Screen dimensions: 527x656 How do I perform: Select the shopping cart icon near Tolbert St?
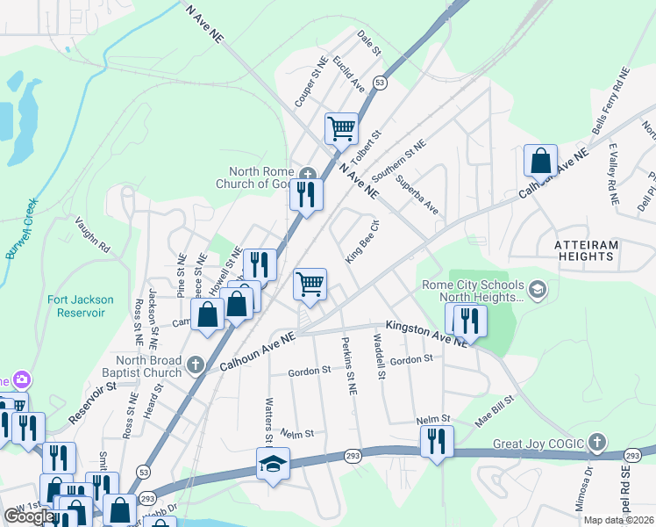click(341, 129)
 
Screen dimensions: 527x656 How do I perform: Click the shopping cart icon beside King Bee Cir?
click(309, 284)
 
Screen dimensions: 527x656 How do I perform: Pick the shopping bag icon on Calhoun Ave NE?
click(541, 161)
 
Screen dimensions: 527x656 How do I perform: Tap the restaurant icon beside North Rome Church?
click(305, 194)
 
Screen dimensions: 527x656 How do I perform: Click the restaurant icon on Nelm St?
click(436, 441)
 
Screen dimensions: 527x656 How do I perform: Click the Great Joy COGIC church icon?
click(596, 442)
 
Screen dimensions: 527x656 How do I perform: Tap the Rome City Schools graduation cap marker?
click(538, 289)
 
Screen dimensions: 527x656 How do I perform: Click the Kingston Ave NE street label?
click(426, 334)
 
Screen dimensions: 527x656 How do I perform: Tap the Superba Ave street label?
click(417, 195)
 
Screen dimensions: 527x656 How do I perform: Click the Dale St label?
click(369, 44)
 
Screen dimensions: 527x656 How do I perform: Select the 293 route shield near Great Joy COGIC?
click(631, 455)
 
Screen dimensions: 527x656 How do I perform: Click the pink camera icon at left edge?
click(20, 380)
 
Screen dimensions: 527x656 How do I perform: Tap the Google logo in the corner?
click(29, 516)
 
